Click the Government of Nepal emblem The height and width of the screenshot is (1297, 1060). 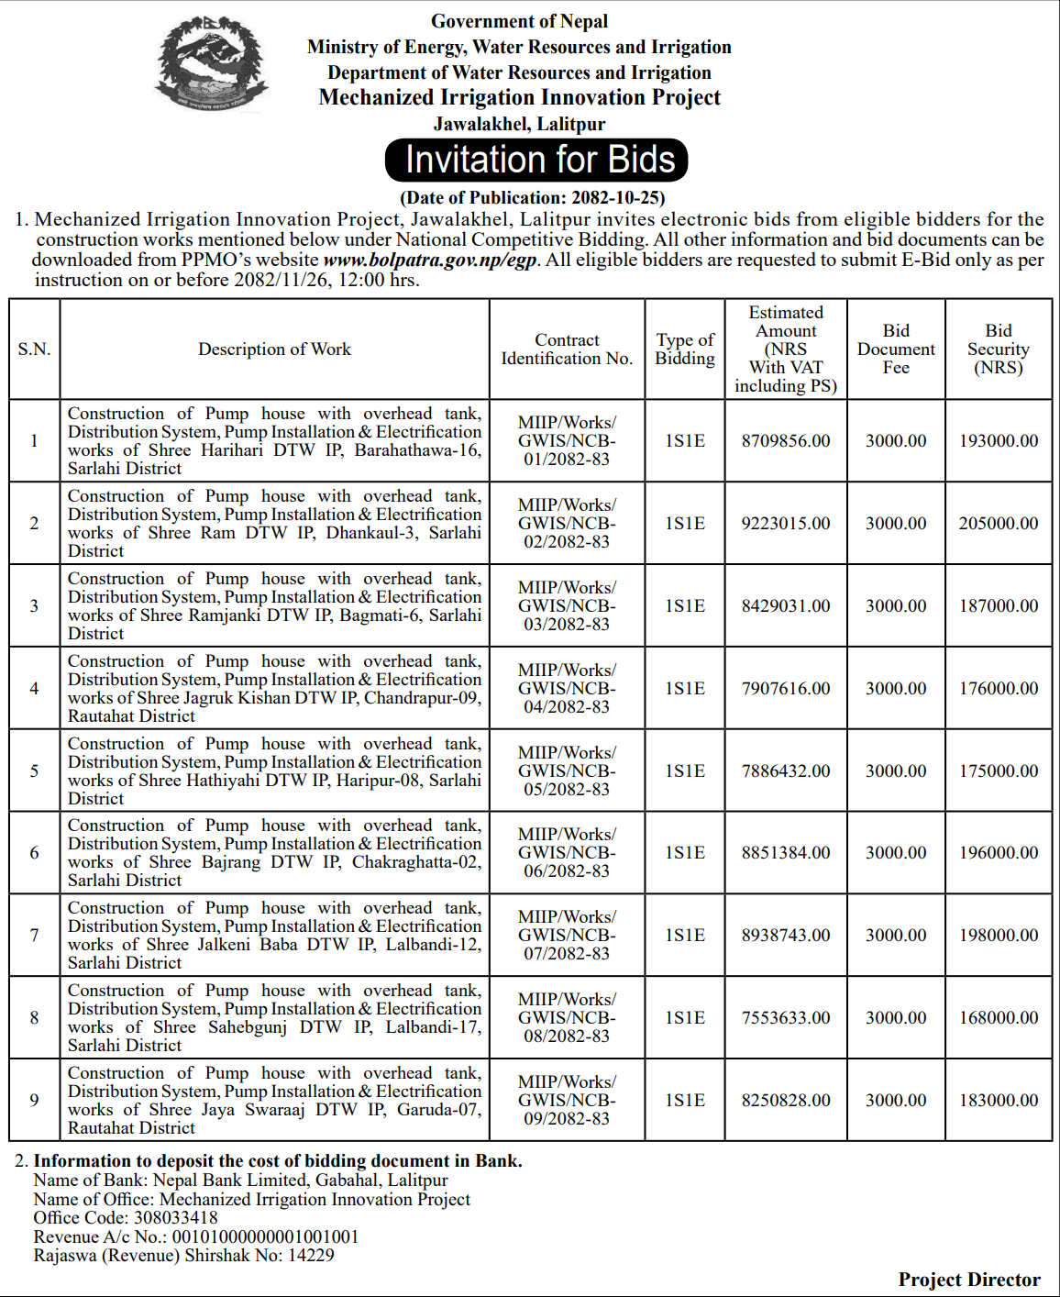(212, 64)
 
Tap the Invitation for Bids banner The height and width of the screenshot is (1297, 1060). (536, 160)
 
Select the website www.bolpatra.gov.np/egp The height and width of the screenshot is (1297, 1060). (429, 260)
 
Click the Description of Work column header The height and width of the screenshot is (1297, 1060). (274, 349)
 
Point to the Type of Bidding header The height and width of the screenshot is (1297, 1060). (685, 349)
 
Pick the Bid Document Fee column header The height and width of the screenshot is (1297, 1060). (896, 349)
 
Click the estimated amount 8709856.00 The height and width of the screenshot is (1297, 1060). (786, 441)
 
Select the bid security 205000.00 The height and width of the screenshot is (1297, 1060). (999, 524)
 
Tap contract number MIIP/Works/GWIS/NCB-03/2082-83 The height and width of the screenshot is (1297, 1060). (567, 606)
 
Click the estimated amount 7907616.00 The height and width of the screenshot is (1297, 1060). (786, 689)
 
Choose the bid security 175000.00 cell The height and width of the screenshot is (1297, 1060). (999, 771)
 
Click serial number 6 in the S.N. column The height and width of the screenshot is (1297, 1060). (34, 853)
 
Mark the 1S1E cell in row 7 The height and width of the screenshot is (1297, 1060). (685, 936)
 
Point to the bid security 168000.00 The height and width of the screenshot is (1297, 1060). (999, 1018)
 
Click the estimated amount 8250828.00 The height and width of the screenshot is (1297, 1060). (786, 1101)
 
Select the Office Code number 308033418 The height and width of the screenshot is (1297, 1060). (176, 1218)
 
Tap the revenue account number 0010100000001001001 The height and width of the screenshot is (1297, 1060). (266, 1237)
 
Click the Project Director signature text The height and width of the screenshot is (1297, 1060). (969, 1280)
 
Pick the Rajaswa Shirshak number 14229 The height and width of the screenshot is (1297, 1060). (311, 1256)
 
